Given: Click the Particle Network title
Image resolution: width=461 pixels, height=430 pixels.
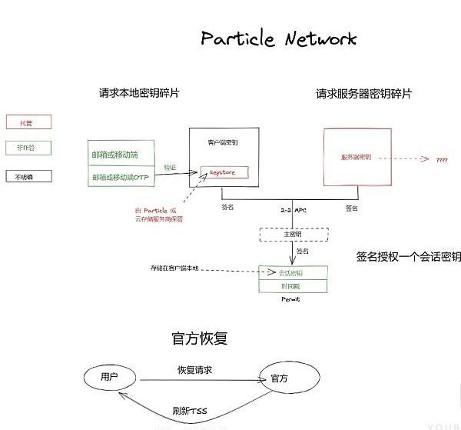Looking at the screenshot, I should coord(279,38).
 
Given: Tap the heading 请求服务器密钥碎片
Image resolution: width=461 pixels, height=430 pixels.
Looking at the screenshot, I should coord(364,94).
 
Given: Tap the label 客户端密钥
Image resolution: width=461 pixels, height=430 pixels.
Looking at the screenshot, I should coord(223,142).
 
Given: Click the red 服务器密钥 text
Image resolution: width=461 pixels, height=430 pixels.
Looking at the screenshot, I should coord(356,158).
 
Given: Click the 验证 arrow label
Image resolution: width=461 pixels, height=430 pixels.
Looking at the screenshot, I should coord(170,167).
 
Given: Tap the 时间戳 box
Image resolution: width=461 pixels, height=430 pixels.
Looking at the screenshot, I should coord(294,285).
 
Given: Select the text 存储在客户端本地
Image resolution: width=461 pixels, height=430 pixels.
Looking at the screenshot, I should coord(174,268).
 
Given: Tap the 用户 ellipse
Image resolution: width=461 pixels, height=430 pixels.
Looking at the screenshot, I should coord(111,377).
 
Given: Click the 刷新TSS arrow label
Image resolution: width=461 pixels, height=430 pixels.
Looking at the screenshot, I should coord(190,410).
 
